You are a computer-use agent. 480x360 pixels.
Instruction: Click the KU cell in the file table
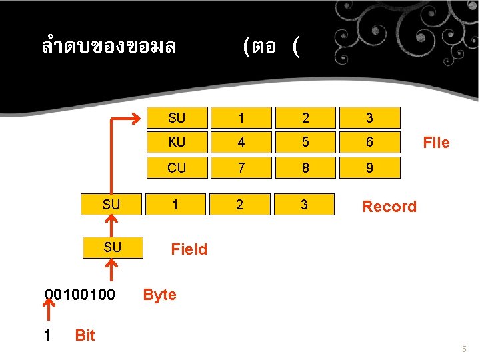point(177,143)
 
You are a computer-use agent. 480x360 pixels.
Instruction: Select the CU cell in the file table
point(177,168)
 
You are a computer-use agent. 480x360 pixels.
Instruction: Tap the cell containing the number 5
point(305,143)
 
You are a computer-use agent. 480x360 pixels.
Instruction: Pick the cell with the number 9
point(369,168)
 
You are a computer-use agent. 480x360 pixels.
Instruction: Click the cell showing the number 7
point(241,168)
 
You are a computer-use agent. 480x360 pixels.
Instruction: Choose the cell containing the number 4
point(241,143)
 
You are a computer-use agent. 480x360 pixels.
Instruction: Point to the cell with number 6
point(369,143)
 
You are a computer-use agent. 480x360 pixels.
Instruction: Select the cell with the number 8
point(305,168)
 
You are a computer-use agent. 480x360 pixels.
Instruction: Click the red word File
point(436,143)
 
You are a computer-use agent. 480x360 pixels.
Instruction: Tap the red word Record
point(389,207)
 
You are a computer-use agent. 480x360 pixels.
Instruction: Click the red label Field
point(189,250)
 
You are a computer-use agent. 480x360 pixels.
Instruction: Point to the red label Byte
point(160,295)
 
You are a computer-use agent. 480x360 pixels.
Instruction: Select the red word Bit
point(85,335)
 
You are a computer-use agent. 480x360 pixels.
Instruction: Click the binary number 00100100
point(79,294)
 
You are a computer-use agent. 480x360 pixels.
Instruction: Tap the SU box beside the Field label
point(112,247)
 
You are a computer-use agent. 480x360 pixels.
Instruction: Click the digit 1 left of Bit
point(47,335)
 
